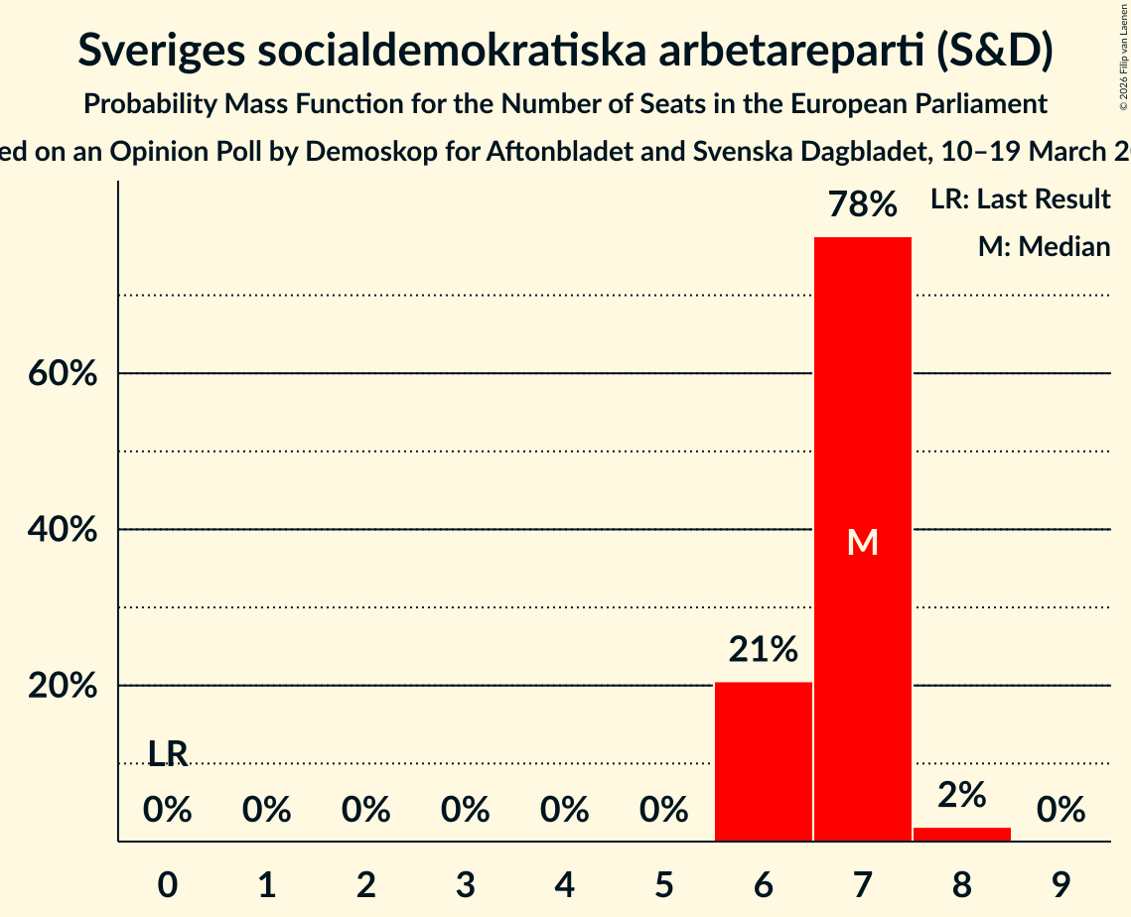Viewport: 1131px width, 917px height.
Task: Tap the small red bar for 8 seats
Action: point(961,835)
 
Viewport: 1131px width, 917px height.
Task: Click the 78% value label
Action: point(862,205)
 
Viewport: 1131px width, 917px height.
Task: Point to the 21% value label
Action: point(763,650)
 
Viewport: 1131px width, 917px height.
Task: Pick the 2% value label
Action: point(961,795)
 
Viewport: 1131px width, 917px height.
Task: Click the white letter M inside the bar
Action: point(863,542)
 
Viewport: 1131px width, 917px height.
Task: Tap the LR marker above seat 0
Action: point(168,754)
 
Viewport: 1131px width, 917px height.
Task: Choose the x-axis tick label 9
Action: point(1060,882)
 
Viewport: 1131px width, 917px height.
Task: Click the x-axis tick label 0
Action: point(168,882)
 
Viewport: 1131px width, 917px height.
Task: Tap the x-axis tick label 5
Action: point(663,882)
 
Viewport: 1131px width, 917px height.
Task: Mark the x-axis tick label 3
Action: point(465,882)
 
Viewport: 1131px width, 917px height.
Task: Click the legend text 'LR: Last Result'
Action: point(1020,199)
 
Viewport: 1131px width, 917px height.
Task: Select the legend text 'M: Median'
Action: point(1044,246)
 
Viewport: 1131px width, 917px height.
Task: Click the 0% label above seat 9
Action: point(1060,811)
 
